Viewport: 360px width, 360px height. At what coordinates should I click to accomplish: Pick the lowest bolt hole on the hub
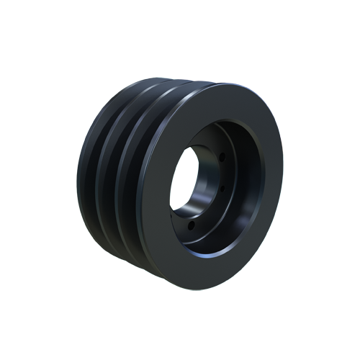coord(189,225)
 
